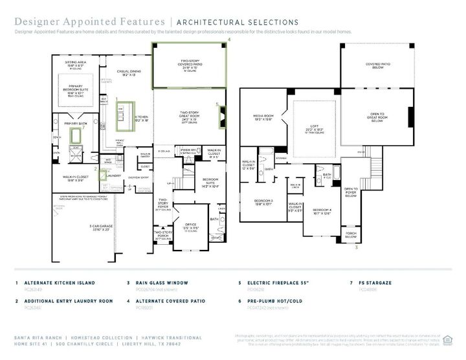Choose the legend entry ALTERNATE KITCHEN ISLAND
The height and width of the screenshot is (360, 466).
(x=60, y=283)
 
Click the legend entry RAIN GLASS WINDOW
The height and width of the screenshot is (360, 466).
(x=161, y=283)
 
